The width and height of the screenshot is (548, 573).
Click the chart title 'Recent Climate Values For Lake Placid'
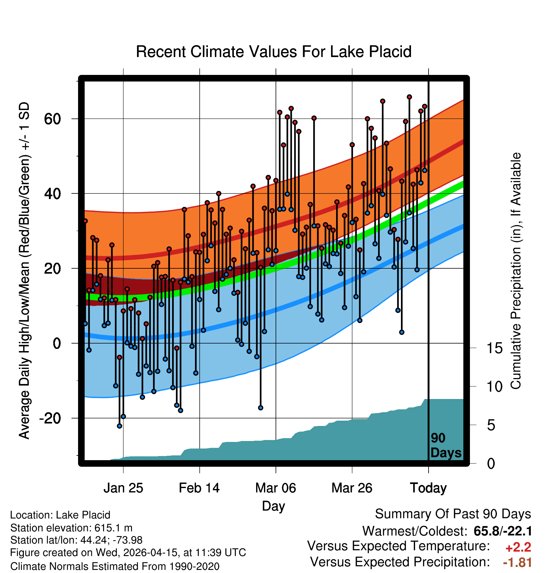pyautogui.click(x=274, y=52)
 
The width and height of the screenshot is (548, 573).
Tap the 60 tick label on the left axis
pyautogui.click(x=52, y=119)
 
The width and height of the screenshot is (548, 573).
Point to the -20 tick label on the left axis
pyautogui.click(x=50, y=418)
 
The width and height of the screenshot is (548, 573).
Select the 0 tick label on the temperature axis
pyautogui.click(x=57, y=344)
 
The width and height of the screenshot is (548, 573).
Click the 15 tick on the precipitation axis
pyautogui.click(x=494, y=348)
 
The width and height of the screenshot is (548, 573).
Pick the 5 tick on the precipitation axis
pyautogui.click(x=491, y=425)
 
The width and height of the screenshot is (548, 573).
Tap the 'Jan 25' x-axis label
pyautogui.click(x=123, y=488)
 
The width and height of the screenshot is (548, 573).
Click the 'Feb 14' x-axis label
pyautogui.click(x=199, y=488)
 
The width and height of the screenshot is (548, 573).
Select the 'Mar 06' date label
pyautogui.click(x=276, y=488)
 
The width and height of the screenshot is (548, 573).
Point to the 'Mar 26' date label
pyautogui.click(x=352, y=488)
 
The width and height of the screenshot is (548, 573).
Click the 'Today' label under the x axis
pyautogui.click(x=428, y=488)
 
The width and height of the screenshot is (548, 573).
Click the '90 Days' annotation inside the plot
pyautogui.click(x=446, y=445)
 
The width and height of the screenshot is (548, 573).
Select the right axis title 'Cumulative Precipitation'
pyautogui.click(x=516, y=271)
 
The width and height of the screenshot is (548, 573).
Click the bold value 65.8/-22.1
pyautogui.click(x=503, y=531)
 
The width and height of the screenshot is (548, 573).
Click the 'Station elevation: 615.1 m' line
pyautogui.click(x=71, y=528)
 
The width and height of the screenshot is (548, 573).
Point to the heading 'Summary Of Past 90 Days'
pyautogui.click(x=453, y=514)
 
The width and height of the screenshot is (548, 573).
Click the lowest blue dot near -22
pyautogui.click(x=119, y=426)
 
